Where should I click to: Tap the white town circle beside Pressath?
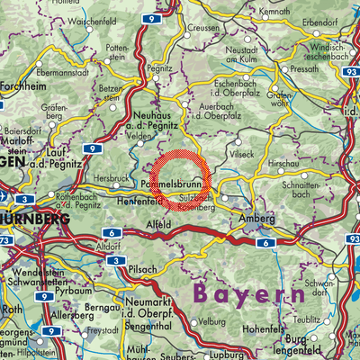[285, 68]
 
